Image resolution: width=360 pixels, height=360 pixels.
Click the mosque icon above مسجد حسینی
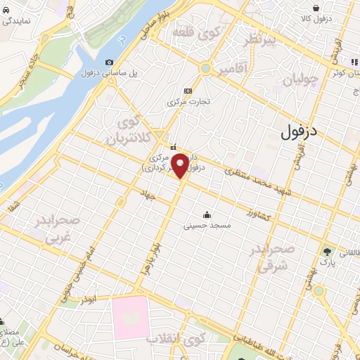click(x=206, y=215)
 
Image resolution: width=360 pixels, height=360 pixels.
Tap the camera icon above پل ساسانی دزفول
click(x=109, y=63)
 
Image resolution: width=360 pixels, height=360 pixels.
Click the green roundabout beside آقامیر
click(x=205, y=68)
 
